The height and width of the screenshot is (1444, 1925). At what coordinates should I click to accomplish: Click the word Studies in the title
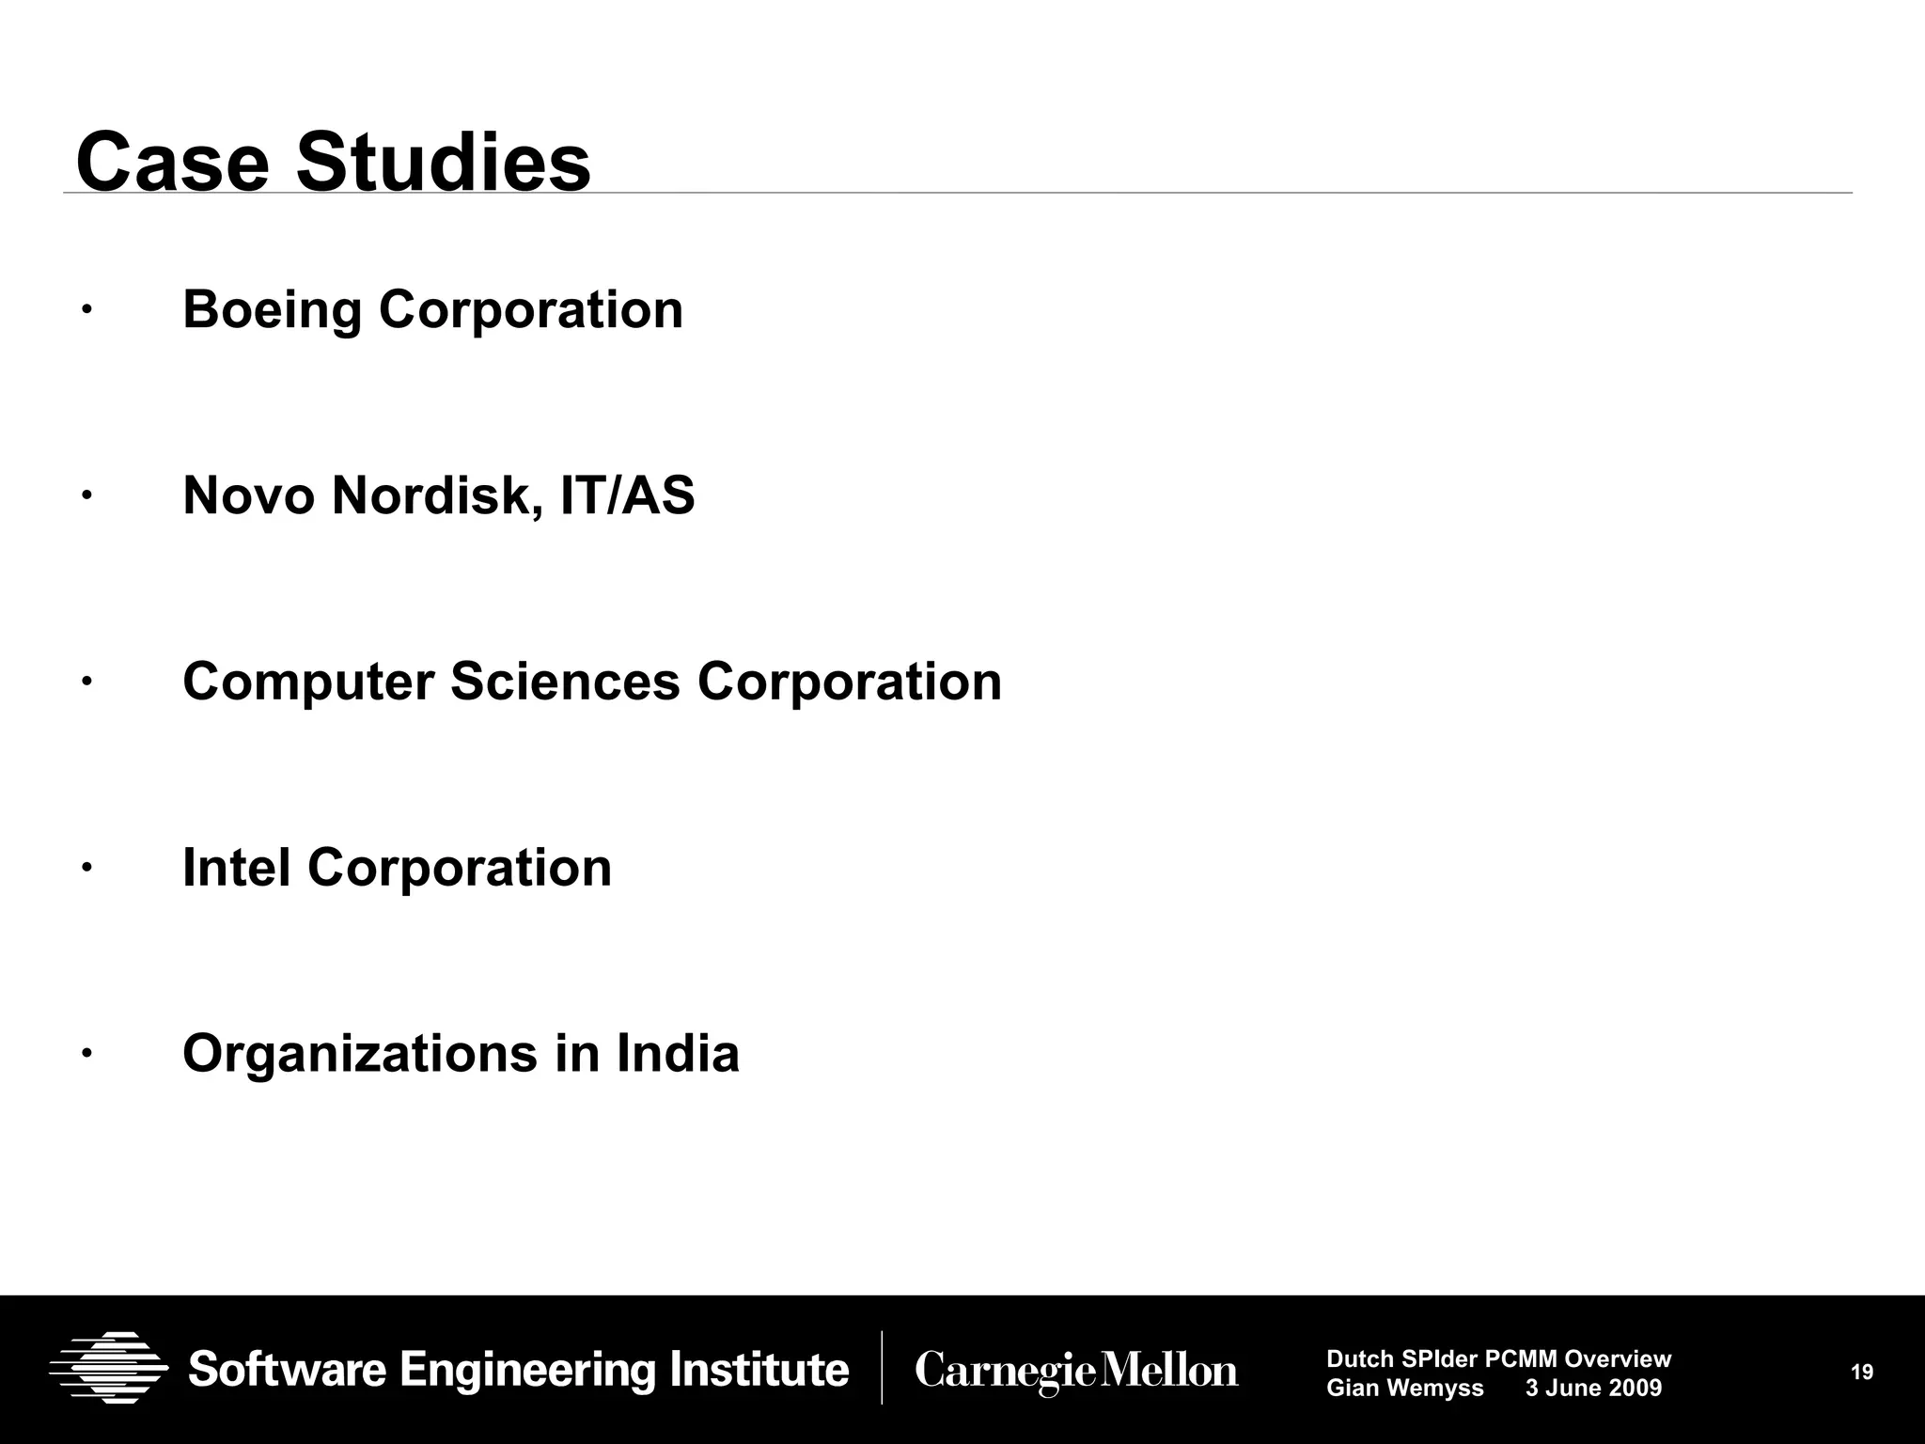point(443,163)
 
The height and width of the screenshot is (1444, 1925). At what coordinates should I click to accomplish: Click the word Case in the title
point(172,163)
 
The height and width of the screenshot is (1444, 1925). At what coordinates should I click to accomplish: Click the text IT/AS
point(627,495)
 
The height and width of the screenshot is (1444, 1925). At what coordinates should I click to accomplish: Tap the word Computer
point(307,682)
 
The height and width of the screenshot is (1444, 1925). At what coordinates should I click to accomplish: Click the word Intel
point(236,867)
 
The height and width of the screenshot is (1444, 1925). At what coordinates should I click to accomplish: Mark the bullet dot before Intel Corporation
point(85,867)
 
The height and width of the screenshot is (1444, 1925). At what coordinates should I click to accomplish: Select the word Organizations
point(359,1053)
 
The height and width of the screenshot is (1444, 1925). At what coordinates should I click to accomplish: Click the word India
point(678,1053)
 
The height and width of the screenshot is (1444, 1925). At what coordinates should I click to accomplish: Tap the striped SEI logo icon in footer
point(108,1368)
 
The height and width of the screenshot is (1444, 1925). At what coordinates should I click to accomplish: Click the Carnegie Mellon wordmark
point(1076,1371)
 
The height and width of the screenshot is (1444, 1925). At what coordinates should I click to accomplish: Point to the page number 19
point(1861,1373)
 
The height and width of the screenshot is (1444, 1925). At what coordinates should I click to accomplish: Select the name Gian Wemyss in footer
point(1404,1388)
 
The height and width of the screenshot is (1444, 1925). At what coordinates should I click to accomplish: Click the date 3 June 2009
point(1593,1388)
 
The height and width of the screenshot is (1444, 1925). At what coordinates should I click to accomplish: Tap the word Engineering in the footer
point(530,1370)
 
